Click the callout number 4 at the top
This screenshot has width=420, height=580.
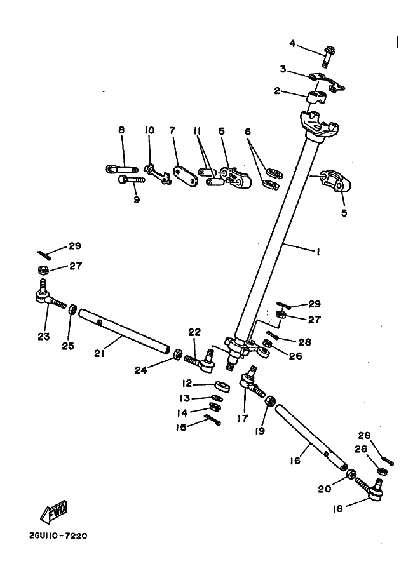pos(292,43)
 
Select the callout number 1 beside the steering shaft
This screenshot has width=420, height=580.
pos(318,252)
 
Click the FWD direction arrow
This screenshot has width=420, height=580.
pos(53,509)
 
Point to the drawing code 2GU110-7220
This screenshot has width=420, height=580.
pos(58,536)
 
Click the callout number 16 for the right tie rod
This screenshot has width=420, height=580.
pos(295,461)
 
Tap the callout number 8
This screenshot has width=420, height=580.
pos(121,130)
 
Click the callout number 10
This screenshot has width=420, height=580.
pos(149,130)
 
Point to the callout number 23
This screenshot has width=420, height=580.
pos(43,337)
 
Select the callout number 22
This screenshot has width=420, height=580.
pos(194,332)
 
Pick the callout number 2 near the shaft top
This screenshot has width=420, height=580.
pos(277,91)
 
